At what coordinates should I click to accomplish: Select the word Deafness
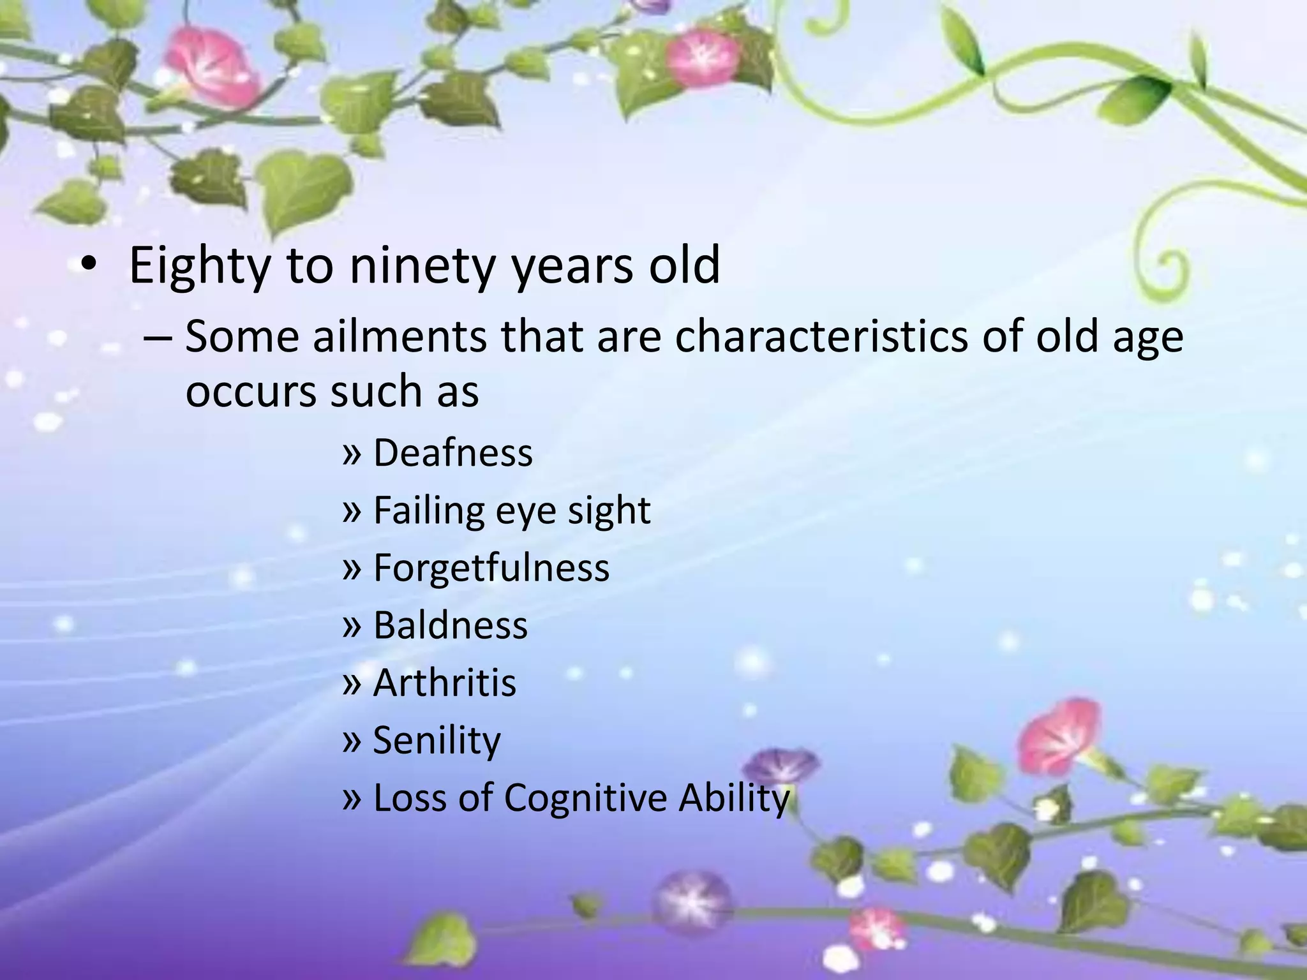(x=452, y=453)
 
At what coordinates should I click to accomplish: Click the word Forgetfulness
(x=491, y=568)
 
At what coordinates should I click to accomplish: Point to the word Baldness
(x=451, y=625)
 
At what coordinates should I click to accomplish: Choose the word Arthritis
(x=444, y=683)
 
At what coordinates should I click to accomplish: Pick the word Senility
(x=437, y=740)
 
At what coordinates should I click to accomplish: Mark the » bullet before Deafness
(x=352, y=454)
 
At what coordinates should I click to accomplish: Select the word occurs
(x=250, y=391)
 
